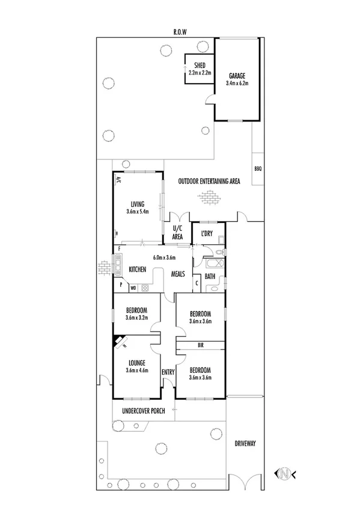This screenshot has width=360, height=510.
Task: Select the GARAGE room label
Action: point(237,76)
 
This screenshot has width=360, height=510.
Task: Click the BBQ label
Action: point(258,168)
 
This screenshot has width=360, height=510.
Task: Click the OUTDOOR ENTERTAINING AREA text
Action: point(209,181)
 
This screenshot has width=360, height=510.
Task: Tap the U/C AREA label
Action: point(177,233)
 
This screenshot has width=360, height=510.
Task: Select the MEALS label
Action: point(178,274)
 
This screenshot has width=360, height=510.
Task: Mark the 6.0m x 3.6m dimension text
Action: point(168,257)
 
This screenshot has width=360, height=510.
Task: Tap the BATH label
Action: point(210,277)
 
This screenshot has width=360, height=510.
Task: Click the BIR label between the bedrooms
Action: point(200,346)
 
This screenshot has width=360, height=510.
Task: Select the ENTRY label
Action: point(168,372)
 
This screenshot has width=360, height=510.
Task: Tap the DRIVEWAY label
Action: point(245,443)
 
